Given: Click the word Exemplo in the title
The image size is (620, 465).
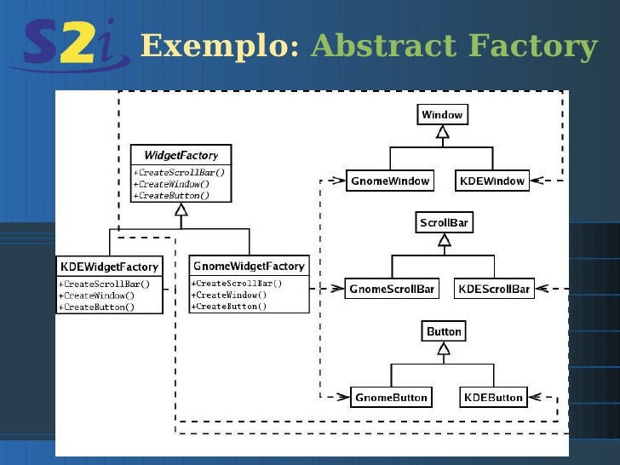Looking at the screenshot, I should click(x=218, y=46).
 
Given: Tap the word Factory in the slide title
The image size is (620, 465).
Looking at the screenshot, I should click(x=545, y=46).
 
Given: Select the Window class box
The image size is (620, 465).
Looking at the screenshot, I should click(x=442, y=115).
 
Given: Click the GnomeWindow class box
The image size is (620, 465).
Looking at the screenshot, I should click(x=390, y=181).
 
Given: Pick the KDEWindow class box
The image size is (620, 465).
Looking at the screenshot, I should click(x=491, y=181).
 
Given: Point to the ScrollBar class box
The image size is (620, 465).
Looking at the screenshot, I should click(x=444, y=223).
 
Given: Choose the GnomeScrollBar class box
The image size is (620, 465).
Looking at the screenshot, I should click(x=392, y=289).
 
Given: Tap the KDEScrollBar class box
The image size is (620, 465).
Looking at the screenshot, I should click(x=494, y=289).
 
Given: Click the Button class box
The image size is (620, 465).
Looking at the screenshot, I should click(x=444, y=331).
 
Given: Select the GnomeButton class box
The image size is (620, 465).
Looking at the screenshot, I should click(x=392, y=397).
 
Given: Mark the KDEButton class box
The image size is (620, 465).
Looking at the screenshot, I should click(x=492, y=397).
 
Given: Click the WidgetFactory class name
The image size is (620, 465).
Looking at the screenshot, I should click(x=181, y=155).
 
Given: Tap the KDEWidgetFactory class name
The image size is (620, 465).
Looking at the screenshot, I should click(x=108, y=267).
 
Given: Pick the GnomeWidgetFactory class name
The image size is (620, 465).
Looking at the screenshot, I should click(x=249, y=266).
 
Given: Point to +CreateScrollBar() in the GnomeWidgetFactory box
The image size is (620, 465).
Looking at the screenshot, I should click(x=237, y=284).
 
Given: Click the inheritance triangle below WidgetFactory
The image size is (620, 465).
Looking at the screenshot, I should click(x=181, y=209).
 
